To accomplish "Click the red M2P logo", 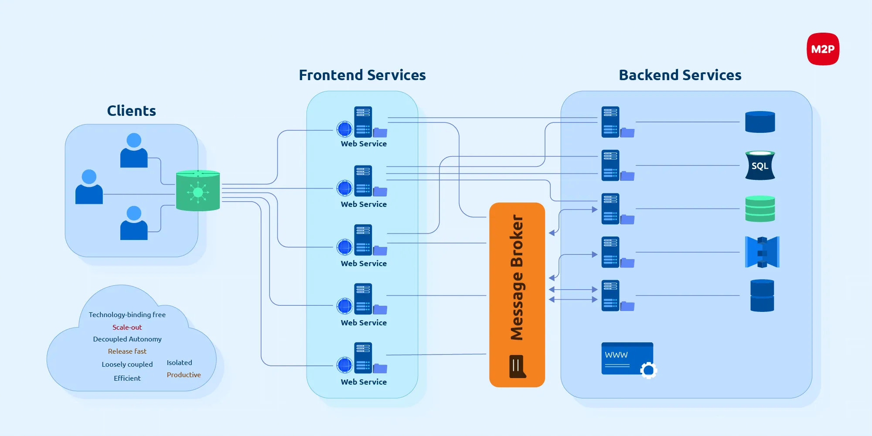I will pyautogui.click(x=823, y=49).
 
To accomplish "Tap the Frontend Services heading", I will pyautogui.click(x=362, y=75).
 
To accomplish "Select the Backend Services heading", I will pyautogui.click(x=680, y=75).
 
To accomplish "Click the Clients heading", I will pyautogui.click(x=131, y=111).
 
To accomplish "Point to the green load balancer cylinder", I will pyautogui.click(x=198, y=191).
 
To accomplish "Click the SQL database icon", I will pyautogui.click(x=760, y=166).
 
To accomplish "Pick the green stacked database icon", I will pyautogui.click(x=760, y=209).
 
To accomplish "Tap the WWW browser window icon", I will pyautogui.click(x=627, y=358).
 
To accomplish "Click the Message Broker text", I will pyautogui.click(x=517, y=277).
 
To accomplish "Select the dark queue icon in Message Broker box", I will pyautogui.click(x=517, y=366).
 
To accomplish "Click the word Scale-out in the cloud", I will pyautogui.click(x=127, y=328).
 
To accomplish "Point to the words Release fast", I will pyautogui.click(x=127, y=352).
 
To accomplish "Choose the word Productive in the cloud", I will pyautogui.click(x=184, y=375).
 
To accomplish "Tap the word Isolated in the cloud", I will pyautogui.click(x=179, y=363).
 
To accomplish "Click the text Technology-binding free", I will pyautogui.click(x=127, y=315).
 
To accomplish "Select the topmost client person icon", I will pyautogui.click(x=134, y=150).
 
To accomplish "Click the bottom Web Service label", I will pyautogui.click(x=364, y=382).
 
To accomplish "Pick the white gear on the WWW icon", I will pyautogui.click(x=648, y=370).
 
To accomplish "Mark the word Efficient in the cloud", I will pyautogui.click(x=127, y=379).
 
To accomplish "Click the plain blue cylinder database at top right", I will pyautogui.click(x=760, y=122).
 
